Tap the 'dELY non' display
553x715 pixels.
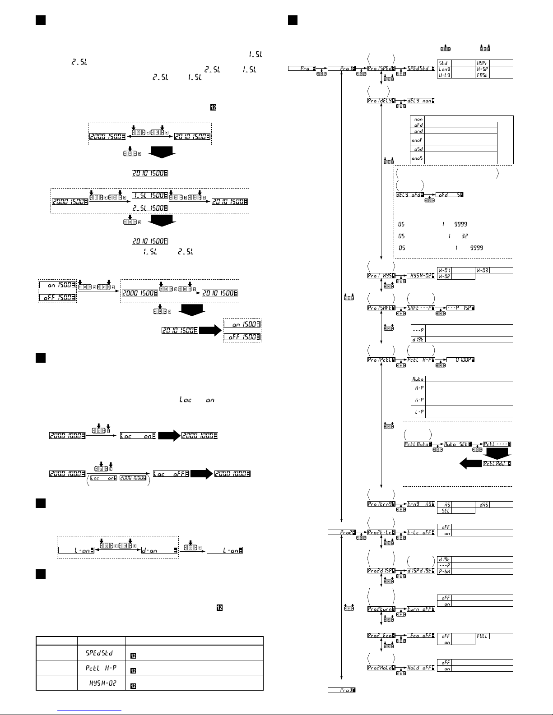coord(420,101)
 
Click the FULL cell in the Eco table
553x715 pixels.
coord(483,636)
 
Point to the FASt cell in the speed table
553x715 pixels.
coord(483,75)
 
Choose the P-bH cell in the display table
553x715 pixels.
coord(445,571)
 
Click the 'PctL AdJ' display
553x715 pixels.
coord(497,463)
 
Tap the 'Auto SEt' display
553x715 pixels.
coord(458,444)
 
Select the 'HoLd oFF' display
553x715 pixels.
coord(420,668)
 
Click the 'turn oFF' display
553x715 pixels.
coord(420,609)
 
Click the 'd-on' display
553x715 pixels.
coord(158,550)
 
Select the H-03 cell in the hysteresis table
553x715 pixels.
coord(483,270)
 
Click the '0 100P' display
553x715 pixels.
coord(460,360)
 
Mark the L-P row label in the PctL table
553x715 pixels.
coord(418,411)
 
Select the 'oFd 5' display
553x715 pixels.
coord(450,194)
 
